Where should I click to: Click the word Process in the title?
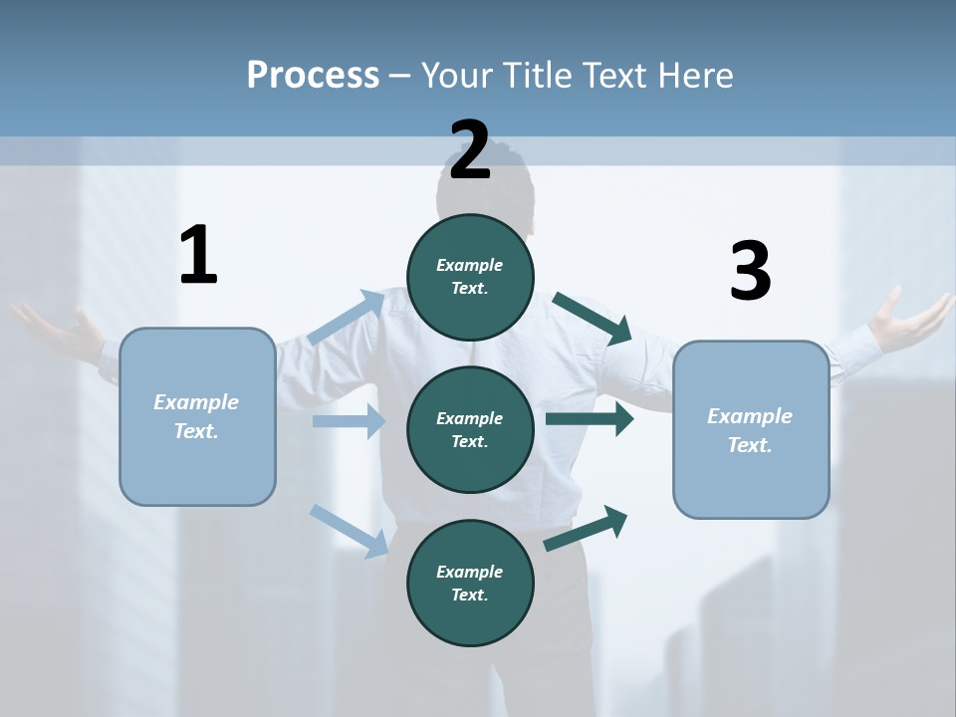click(x=313, y=76)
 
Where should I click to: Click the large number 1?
click(x=198, y=256)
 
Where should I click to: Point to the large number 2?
click(x=470, y=150)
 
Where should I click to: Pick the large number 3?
click(x=750, y=272)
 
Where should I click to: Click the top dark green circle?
click(x=470, y=277)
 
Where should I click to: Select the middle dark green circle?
click(x=470, y=429)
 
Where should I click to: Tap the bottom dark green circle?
click(x=470, y=583)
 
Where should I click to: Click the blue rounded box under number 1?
click(x=197, y=416)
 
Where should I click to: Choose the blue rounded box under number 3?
click(x=751, y=430)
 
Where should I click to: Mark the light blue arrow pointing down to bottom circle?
click(x=350, y=530)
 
